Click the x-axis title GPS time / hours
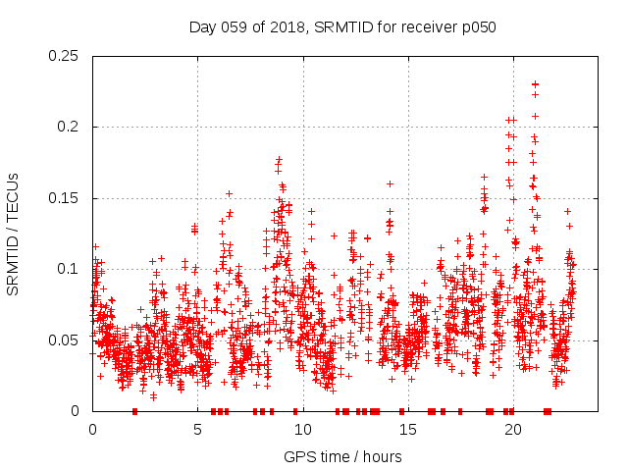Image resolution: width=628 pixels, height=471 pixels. [341, 456]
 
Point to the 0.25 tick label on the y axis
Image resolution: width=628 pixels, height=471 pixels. [66, 56]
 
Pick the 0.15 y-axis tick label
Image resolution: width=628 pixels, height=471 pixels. [66, 198]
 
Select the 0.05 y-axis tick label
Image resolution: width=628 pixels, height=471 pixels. [66, 340]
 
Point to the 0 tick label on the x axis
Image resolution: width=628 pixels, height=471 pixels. [92, 430]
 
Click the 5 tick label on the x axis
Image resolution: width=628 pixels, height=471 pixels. [197, 430]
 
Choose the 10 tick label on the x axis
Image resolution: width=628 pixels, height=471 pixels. [302, 430]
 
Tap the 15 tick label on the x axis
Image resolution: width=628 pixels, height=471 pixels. [407, 430]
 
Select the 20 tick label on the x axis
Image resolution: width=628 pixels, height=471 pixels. [512, 430]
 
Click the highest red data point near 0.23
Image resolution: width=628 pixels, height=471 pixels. [535, 84]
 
